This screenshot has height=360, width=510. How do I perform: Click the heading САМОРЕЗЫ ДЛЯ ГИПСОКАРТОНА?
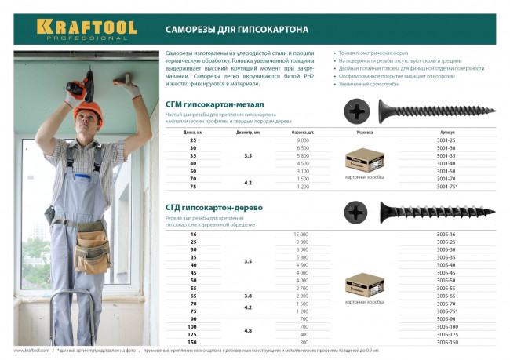click(x=236, y=29)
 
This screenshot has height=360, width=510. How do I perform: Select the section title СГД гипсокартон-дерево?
click(x=213, y=207)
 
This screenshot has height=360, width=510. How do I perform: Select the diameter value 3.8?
click(x=248, y=295)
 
